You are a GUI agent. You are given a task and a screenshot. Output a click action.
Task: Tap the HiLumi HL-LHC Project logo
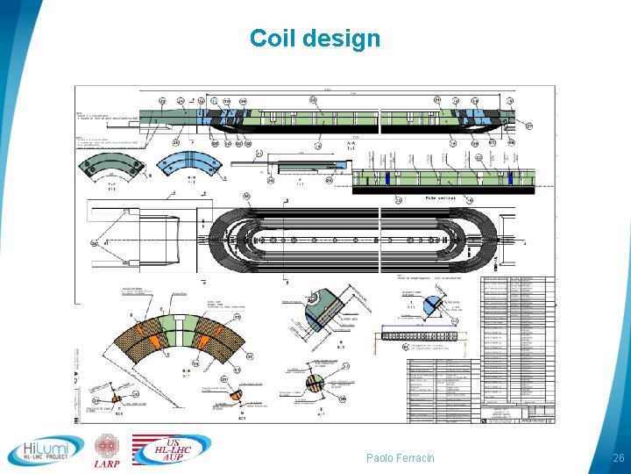pos(46,449)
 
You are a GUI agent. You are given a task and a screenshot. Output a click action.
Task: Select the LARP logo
pos(107,449)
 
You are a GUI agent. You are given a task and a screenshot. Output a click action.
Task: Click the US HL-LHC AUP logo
pos(173,449)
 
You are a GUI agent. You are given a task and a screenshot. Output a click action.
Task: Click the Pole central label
pos(443,199)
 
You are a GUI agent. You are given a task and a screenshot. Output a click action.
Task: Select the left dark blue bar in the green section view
pos(388,178)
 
